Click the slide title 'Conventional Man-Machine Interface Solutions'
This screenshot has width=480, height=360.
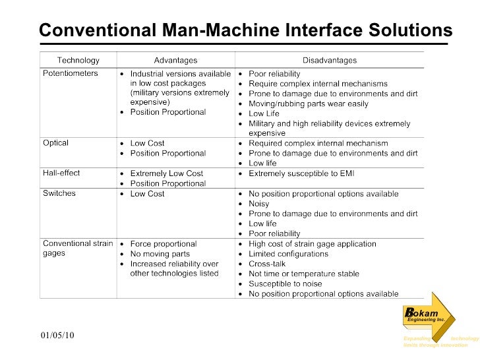click(245, 30)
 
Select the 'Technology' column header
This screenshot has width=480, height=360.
click(78, 60)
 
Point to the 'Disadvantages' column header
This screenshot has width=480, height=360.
click(330, 60)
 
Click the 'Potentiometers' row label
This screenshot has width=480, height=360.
click(71, 73)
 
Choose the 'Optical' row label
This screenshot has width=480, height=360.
click(56, 143)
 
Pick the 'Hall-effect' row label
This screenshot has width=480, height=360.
click(61, 173)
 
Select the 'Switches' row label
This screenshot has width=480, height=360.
click(59, 194)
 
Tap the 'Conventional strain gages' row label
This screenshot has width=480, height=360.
click(78, 249)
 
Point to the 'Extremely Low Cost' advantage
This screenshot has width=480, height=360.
click(166, 173)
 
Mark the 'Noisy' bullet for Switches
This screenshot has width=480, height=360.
click(258, 204)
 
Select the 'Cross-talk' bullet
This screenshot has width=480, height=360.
click(267, 264)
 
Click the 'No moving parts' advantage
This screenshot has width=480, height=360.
click(160, 254)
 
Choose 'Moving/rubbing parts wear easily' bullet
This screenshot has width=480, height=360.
click(309, 104)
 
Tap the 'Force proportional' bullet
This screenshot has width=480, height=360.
click(164, 244)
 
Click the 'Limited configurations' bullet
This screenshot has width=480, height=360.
click(288, 254)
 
